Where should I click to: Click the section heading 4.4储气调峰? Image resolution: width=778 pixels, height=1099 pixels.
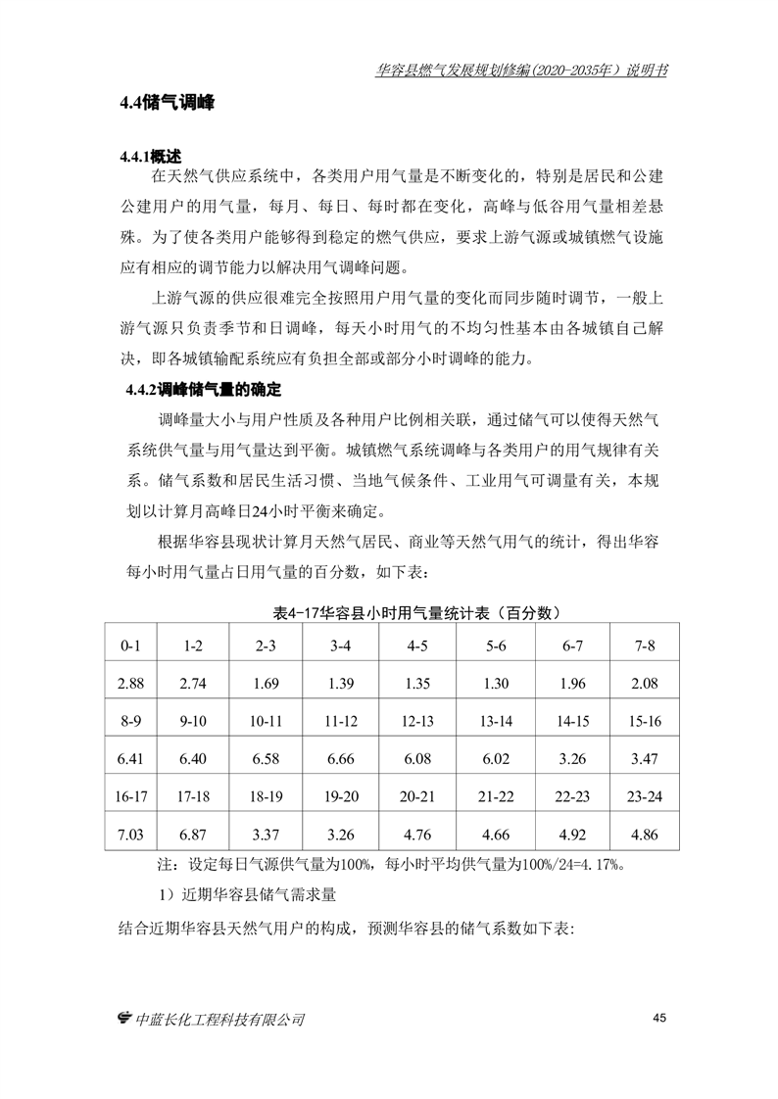click(x=168, y=103)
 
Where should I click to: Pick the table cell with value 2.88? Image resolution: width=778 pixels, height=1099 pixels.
click(x=130, y=684)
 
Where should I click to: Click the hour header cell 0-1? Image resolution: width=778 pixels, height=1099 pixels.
click(x=130, y=646)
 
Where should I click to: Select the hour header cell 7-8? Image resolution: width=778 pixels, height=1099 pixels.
click(x=645, y=646)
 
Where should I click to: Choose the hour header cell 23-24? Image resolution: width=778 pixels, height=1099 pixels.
click(x=645, y=795)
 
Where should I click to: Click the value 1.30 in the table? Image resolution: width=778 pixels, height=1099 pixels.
click(x=496, y=684)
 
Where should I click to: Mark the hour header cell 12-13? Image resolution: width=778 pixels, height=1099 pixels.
click(x=417, y=721)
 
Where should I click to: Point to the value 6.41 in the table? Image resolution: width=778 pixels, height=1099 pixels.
click(x=130, y=758)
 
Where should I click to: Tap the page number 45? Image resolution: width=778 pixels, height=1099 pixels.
click(x=658, y=1019)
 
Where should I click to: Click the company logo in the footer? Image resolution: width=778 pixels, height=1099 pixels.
click(x=124, y=1019)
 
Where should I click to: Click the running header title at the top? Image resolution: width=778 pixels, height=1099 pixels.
click(x=521, y=71)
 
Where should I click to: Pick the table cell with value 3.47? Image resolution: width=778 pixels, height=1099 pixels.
click(x=645, y=758)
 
